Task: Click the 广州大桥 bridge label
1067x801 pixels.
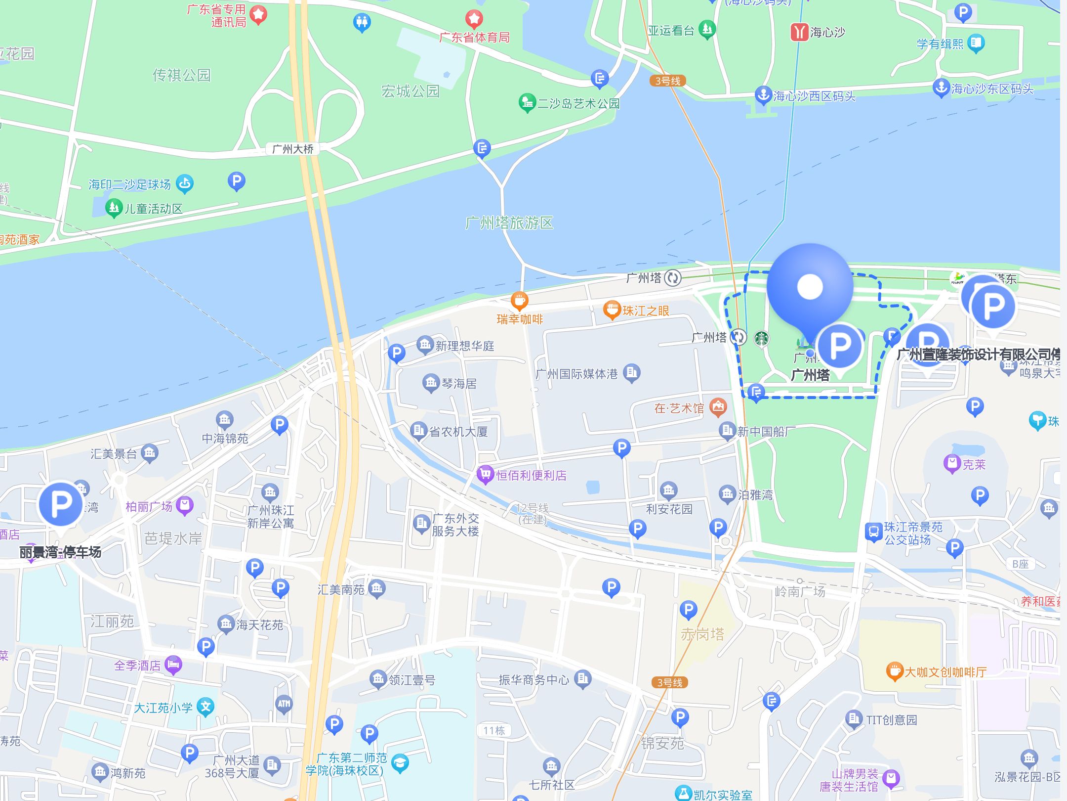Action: (x=292, y=149)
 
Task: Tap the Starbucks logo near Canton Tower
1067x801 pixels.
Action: (x=761, y=339)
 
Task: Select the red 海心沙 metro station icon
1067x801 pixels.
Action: (x=799, y=32)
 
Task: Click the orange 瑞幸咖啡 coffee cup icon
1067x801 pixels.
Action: (x=519, y=300)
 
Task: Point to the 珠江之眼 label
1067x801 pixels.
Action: (x=645, y=311)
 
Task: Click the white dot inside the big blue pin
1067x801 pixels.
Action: (x=810, y=286)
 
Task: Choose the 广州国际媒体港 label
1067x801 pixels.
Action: (x=576, y=374)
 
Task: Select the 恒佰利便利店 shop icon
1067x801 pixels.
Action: (x=486, y=475)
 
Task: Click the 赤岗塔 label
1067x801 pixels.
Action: (x=702, y=634)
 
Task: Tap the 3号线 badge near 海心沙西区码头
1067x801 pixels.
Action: (x=667, y=81)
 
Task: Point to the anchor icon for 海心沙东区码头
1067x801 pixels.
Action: (x=941, y=88)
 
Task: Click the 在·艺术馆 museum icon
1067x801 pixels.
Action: (x=718, y=407)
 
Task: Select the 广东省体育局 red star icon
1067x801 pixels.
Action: (x=474, y=19)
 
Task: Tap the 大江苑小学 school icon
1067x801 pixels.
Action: (x=205, y=707)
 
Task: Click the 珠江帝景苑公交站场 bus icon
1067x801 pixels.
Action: (x=873, y=532)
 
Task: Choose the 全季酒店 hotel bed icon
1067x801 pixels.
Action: (x=173, y=664)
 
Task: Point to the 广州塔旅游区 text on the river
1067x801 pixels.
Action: (x=509, y=223)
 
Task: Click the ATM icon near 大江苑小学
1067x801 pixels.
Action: (x=284, y=704)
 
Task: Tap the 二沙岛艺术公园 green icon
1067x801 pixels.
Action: (x=527, y=102)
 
